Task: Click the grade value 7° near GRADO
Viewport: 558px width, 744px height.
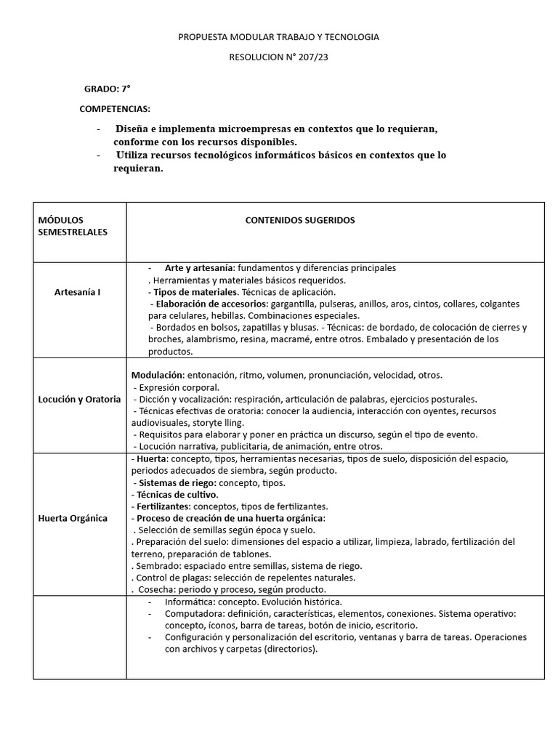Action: pyautogui.click(x=126, y=89)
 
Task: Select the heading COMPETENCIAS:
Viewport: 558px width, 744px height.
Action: pyautogui.click(x=115, y=109)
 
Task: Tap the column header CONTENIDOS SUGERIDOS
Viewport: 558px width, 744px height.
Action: pyautogui.click(x=300, y=220)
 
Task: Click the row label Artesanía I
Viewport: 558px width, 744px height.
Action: pyautogui.click(x=78, y=292)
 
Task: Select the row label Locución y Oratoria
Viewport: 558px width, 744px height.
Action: pyautogui.click(x=79, y=400)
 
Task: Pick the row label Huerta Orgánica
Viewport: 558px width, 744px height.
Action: pyautogui.click(x=73, y=518)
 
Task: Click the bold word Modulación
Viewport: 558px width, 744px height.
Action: pyautogui.click(x=156, y=375)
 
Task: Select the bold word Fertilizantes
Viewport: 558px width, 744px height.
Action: pyautogui.click(x=162, y=506)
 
